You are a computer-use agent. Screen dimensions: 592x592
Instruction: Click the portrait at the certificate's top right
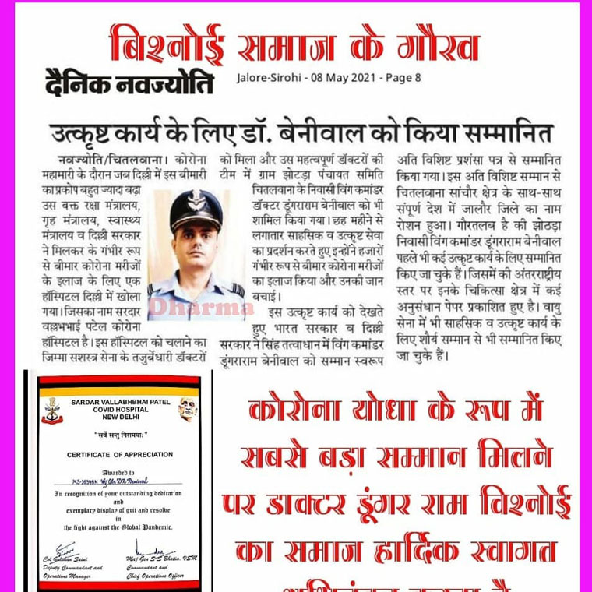pos(185,407)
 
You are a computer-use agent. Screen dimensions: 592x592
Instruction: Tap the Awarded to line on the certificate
pos(115,472)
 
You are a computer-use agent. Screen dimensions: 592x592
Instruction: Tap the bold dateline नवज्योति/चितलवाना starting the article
pos(98,158)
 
